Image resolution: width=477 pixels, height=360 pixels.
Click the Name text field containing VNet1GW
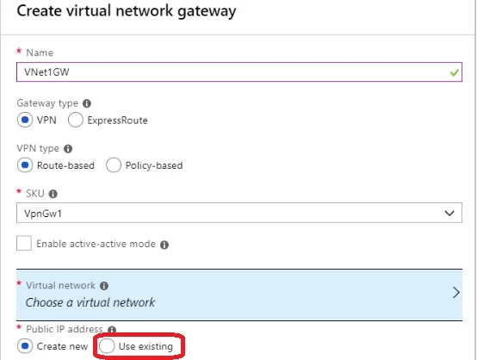coord(239,72)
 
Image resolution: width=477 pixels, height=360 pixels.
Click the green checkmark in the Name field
coord(455,72)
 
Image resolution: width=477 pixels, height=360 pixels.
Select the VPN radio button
coord(25,120)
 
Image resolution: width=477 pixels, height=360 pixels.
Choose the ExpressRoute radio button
coord(76,120)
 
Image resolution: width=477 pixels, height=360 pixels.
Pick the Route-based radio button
coord(25,165)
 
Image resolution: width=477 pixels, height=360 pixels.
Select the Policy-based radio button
coord(114,165)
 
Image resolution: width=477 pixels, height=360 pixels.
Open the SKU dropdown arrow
coord(449,213)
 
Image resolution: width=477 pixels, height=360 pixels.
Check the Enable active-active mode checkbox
coord(24,243)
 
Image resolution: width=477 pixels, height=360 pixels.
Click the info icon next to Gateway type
coord(87,103)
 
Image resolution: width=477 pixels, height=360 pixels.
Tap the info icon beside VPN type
coord(68,149)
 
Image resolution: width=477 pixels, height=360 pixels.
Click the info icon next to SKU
coord(53,194)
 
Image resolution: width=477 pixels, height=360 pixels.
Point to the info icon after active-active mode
coord(164,245)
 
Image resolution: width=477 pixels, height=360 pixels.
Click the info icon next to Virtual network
coord(104,286)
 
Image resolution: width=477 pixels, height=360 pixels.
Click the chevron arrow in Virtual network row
coord(456,293)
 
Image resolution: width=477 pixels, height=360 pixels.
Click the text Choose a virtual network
coord(90,302)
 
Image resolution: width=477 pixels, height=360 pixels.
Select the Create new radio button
coord(25,346)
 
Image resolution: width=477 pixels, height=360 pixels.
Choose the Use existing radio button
coord(107,346)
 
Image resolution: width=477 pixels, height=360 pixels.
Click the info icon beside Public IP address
coord(112,330)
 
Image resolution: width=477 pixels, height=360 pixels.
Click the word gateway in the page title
coord(207,11)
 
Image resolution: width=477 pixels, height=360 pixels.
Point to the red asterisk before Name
coord(19,51)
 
